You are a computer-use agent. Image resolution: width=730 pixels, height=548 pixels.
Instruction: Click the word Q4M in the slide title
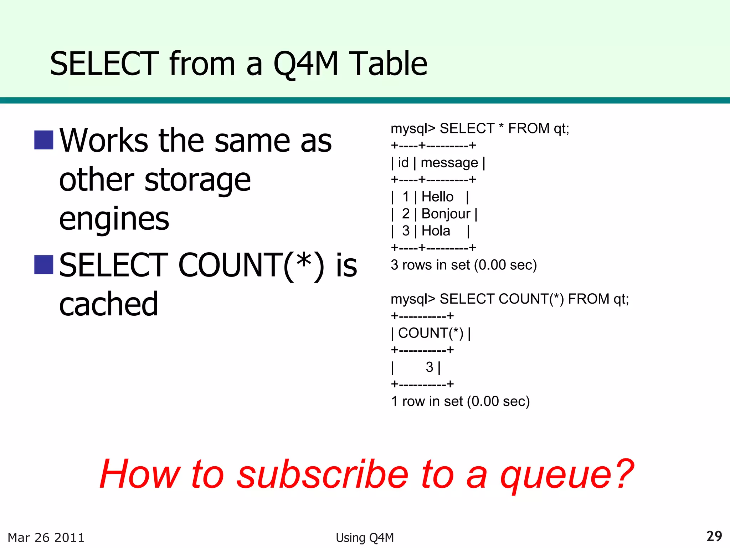tap(305, 64)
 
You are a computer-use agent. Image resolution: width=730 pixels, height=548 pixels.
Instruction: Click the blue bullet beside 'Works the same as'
tap(44, 140)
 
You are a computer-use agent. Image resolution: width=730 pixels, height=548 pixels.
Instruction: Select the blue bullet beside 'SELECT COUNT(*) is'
tap(44, 265)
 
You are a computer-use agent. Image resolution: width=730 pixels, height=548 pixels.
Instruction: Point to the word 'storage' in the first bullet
tap(198, 180)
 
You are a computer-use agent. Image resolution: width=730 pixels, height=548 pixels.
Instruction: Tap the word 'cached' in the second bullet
tap(109, 304)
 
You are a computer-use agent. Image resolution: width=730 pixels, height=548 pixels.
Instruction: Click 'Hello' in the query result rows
tap(437, 197)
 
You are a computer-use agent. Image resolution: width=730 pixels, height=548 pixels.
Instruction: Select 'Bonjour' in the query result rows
tap(446, 214)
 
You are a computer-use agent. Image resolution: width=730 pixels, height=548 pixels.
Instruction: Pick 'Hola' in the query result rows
tap(436, 231)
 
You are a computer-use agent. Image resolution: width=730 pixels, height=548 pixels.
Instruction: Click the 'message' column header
tap(449, 163)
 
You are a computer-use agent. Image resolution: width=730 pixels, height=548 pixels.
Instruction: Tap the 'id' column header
tap(403, 163)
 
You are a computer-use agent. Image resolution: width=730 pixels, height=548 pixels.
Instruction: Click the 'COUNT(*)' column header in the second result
tap(431, 333)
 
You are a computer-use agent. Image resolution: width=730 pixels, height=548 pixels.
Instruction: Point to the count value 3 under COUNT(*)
tap(430, 367)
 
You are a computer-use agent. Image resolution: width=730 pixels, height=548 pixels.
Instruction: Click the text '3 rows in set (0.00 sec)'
tap(464, 265)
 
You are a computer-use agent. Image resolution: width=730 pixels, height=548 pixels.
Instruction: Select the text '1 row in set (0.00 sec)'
tap(460, 401)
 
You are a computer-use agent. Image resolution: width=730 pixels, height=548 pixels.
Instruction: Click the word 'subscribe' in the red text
tap(323, 475)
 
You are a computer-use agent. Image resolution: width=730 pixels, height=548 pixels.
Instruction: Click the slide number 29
tap(714, 536)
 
